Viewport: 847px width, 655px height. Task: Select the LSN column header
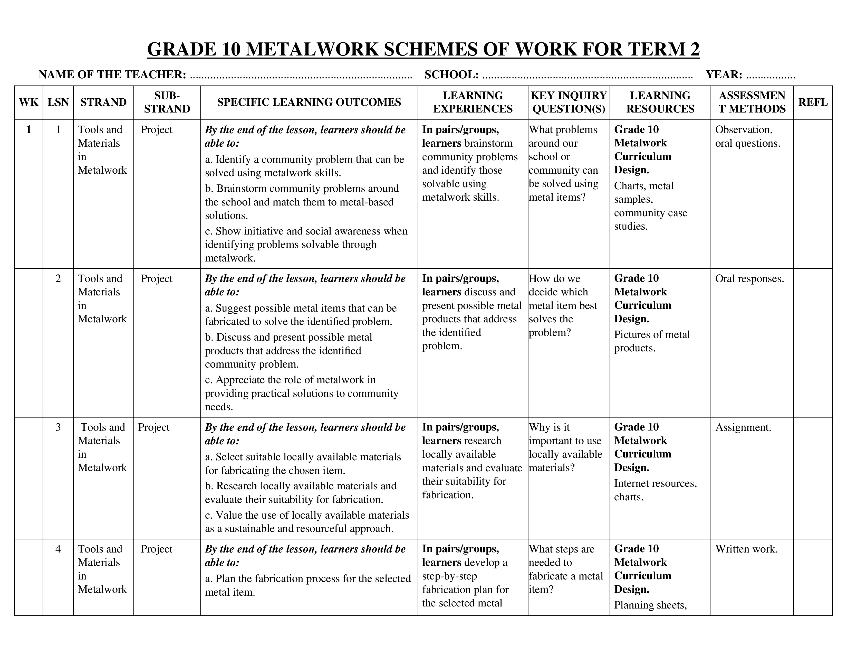58,102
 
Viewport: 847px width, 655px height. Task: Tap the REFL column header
813,102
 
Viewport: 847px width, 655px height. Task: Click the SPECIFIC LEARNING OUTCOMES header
309,102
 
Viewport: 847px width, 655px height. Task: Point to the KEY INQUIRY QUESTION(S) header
569,102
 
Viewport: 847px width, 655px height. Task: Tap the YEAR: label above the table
724,74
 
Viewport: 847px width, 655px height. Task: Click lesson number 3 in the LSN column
58,427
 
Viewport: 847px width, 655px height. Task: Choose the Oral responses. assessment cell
749,279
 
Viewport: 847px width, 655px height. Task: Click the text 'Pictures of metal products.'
651,341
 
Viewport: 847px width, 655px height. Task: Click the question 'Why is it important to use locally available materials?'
565,447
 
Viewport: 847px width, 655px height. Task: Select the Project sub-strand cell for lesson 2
156,279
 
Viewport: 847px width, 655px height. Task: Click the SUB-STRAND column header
167,102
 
